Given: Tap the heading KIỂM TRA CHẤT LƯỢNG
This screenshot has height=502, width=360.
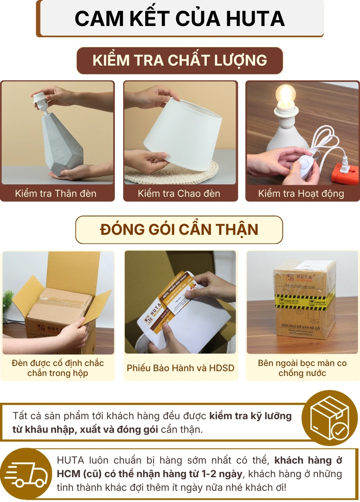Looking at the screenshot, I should click(x=180, y=60).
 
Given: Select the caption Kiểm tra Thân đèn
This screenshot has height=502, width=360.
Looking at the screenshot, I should click(x=56, y=194).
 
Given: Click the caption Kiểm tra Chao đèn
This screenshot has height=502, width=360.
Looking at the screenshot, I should click(x=179, y=194).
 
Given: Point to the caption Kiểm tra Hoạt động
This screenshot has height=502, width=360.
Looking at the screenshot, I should click(x=301, y=194).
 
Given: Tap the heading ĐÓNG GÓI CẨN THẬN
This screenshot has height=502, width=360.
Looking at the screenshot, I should click(x=179, y=230).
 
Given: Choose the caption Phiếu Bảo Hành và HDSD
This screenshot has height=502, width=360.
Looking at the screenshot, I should click(x=180, y=368).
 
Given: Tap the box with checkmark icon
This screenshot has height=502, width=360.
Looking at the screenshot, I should click(x=329, y=418).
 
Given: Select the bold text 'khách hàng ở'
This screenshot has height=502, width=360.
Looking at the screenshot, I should click(x=308, y=460).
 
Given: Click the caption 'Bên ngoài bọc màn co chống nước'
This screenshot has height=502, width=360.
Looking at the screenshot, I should click(x=302, y=368).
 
